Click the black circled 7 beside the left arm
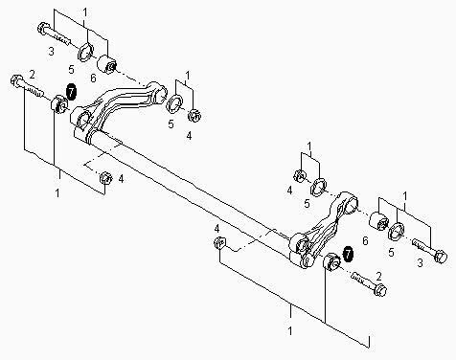pyautogui.click(x=71, y=91)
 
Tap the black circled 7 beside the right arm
pyautogui.click(x=348, y=254)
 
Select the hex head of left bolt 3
pyautogui.click(x=43, y=28)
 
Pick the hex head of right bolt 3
pyautogui.click(x=441, y=257)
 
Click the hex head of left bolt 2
pyautogui.click(x=16, y=80)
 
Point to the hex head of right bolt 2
pyautogui.click(x=380, y=290)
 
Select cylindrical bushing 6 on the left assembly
pyautogui.click(x=107, y=64)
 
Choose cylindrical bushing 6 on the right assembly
pyautogui.click(x=378, y=221)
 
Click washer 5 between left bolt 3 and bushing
pyautogui.click(x=86, y=51)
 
